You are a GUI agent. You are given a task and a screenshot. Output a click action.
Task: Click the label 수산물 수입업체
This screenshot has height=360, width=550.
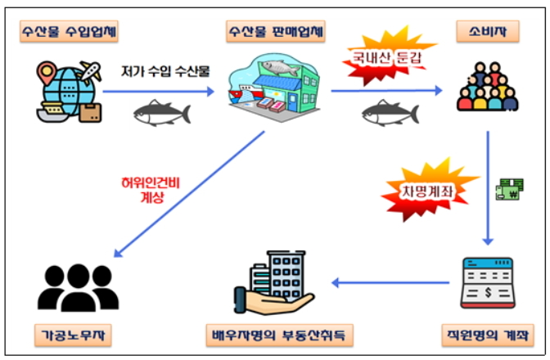pyautogui.click(x=69, y=32)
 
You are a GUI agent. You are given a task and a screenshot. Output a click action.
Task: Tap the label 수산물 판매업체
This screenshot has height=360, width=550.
pyautogui.click(x=275, y=32)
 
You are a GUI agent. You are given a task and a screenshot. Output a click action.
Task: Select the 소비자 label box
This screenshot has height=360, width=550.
pyautogui.click(x=488, y=32)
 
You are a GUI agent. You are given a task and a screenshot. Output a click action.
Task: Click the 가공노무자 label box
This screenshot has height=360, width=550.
pyautogui.click(x=73, y=335)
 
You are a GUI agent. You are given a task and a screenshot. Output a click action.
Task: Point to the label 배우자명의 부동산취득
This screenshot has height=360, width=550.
pyautogui.click(x=279, y=335)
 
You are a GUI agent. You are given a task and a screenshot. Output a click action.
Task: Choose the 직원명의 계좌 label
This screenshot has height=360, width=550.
pyautogui.click(x=488, y=335)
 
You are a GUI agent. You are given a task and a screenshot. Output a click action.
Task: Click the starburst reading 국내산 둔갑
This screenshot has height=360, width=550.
pyautogui.click(x=387, y=56)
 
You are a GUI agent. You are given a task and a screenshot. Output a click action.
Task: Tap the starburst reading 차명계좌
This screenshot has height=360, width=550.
pyautogui.click(x=428, y=191)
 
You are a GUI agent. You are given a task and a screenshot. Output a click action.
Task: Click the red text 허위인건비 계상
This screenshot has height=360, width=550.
pyautogui.click(x=151, y=190)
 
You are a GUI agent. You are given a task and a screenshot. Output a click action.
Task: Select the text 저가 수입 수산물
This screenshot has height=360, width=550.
pyautogui.click(x=165, y=71)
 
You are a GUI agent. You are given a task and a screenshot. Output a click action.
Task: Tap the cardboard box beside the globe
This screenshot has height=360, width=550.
pyautogui.click(x=90, y=113)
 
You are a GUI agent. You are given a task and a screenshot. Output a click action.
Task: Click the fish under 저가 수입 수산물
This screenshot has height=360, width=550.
pyautogui.click(x=162, y=113)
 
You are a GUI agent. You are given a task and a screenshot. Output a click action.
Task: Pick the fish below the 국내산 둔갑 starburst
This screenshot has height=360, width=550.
pyautogui.click(x=390, y=113)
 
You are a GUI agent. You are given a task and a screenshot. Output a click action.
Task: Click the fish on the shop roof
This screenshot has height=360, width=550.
pyautogui.click(x=280, y=68)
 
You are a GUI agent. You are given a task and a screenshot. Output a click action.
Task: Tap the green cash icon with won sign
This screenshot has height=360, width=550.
pyautogui.click(x=510, y=189)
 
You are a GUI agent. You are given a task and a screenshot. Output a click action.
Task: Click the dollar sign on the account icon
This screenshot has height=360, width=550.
pyautogui.click(x=488, y=292)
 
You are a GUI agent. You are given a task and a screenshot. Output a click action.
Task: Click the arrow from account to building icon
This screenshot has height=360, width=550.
pyautogui.click(x=390, y=282)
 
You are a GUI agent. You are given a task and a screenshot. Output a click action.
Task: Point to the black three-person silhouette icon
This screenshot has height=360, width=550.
pyautogui.click(x=79, y=288)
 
